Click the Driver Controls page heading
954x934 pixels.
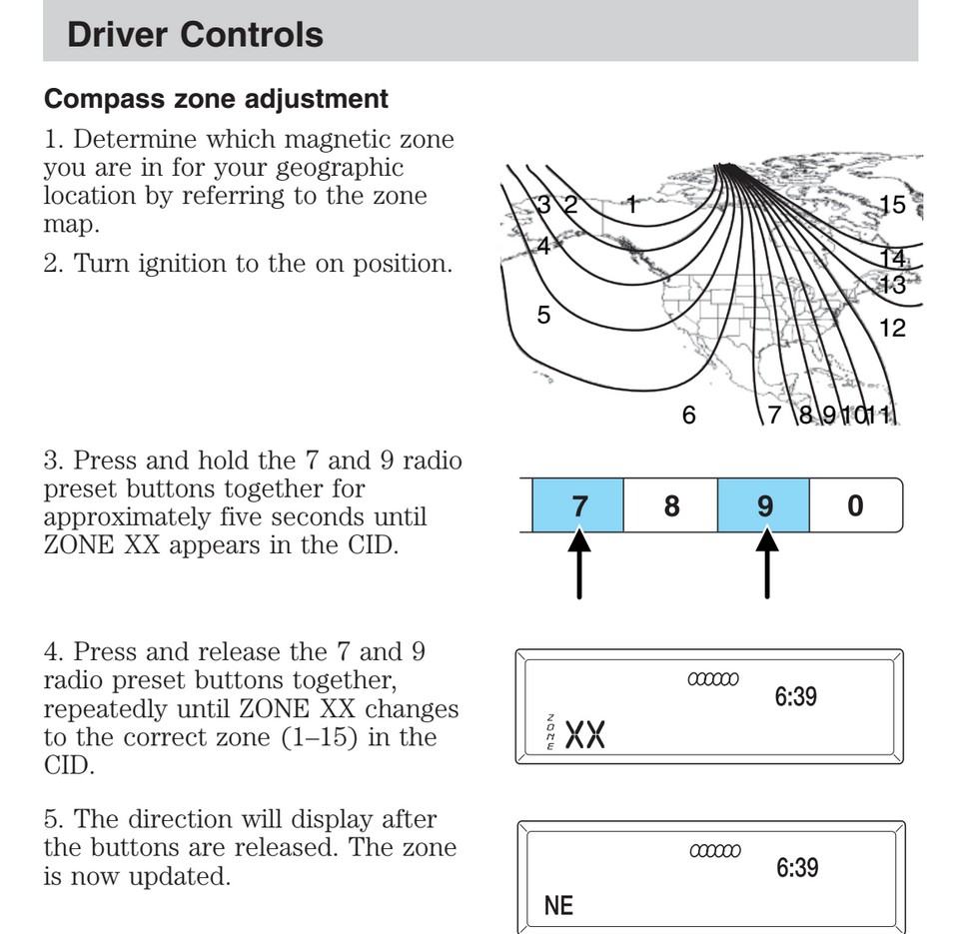(195, 35)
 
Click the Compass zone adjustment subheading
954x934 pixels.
(217, 100)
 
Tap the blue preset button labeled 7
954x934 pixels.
(579, 505)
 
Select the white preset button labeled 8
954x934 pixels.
(671, 505)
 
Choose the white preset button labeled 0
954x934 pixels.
(855, 505)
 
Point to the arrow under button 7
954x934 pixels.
(579, 564)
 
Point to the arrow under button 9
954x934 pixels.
(766, 564)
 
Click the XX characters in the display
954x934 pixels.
(586, 736)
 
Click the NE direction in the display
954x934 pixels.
(559, 905)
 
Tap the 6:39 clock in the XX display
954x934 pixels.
(795, 696)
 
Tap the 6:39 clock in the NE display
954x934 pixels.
(796, 867)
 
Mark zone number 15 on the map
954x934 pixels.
(892, 205)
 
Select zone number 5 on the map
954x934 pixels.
(543, 316)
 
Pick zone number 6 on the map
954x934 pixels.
(688, 414)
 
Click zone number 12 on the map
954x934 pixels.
(892, 328)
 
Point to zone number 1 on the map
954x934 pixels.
(631, 205)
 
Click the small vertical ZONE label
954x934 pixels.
(548, 734)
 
